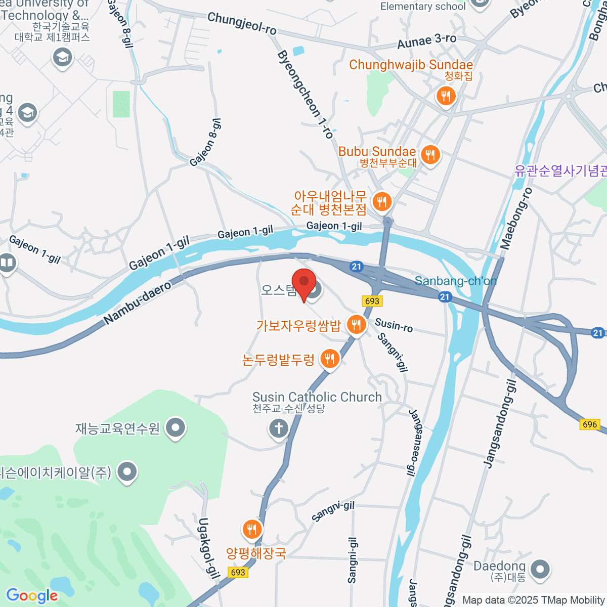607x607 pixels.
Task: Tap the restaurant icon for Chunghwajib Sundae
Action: point(446,96)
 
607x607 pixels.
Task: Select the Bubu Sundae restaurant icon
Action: point(430,154)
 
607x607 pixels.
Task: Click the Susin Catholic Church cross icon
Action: point(278,428)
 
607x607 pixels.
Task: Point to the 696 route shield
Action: point(590,424)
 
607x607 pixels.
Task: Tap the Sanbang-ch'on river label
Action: point(455,281)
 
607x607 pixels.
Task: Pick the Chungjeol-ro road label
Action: point(242,24)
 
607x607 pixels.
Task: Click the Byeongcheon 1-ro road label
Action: point(305,95)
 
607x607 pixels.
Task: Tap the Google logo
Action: point(32,596)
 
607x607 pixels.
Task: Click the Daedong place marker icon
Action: point(540,569)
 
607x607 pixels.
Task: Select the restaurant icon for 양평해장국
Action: point(252,530)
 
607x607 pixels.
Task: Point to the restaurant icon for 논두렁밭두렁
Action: point(330,359)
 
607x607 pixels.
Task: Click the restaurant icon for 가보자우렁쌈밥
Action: point(357,324)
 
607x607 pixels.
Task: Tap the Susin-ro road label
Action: point(394,325)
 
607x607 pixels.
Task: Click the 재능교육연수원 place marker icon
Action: point(176,428)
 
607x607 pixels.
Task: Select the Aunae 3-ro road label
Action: point(426,41)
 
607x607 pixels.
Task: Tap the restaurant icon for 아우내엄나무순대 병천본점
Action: point(382,202)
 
